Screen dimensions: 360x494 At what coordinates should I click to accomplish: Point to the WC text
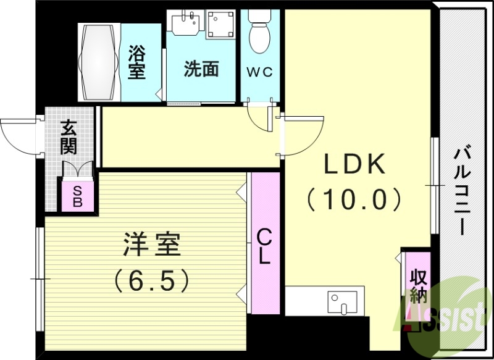pos(261,71)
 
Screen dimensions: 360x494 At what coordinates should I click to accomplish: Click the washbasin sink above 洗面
pos(183,23)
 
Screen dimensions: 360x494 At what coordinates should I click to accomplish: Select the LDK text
pos(356,164)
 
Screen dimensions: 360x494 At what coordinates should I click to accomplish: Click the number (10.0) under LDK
pos(355,199)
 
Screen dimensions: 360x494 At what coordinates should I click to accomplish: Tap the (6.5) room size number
pos(151,281)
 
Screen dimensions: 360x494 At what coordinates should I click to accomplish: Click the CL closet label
pos(264,246)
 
